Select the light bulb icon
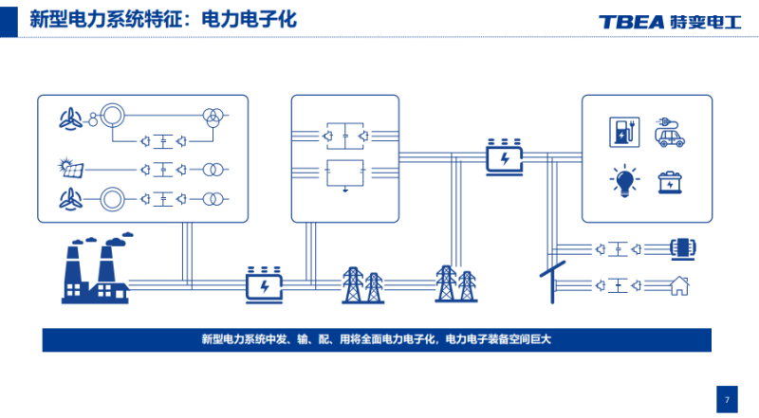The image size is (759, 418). [623, 180]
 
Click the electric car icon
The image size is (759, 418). [672, 133]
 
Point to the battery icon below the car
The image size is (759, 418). [672, 180]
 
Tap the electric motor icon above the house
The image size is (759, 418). [682, 248]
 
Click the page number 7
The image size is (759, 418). [726, 399]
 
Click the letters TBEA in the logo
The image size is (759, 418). [631, 22]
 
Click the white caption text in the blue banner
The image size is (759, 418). [377, 338]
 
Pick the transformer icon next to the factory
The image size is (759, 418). [265, 283]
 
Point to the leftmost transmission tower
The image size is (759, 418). [353, 283]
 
